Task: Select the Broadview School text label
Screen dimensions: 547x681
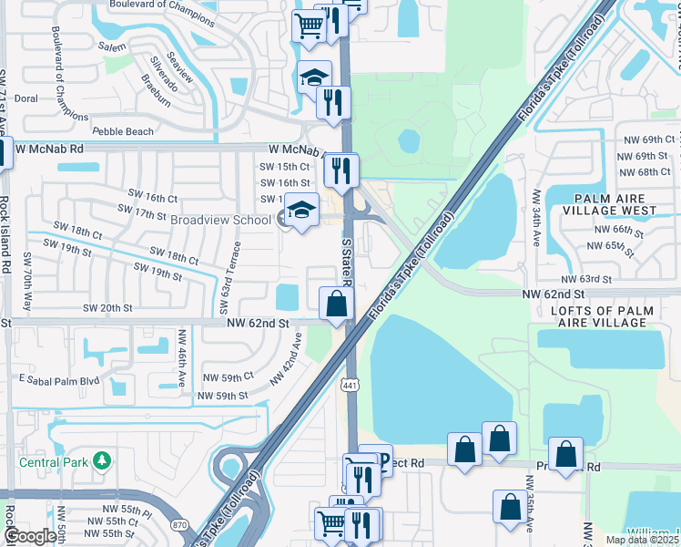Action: (220, 220)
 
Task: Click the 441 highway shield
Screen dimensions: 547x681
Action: (349, 386)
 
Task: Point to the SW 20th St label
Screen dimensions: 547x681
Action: (108, 309)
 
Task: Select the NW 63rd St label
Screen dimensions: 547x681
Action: (584, 279)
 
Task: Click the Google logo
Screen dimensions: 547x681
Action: (31, 536)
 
